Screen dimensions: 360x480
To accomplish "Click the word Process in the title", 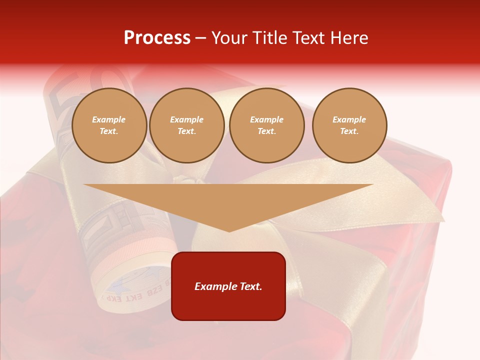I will click(x=157, y=38).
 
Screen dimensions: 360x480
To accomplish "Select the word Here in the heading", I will click(x=348, y=38).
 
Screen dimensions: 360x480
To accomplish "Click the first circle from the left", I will click(x=109, y=125).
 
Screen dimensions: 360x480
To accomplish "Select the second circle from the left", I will click(x=187, y=125).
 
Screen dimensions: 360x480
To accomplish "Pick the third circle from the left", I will click(x=267, y=125).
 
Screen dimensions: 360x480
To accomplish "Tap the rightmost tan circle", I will click(x=349, y=125).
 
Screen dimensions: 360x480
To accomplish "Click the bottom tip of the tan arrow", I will click(x=229, y=230).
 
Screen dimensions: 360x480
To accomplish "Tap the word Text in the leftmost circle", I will click(x=109, y=131).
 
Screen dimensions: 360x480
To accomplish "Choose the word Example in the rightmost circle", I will click(x=349, y=119).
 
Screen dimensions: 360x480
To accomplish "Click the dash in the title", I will click(x=201, y=38).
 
